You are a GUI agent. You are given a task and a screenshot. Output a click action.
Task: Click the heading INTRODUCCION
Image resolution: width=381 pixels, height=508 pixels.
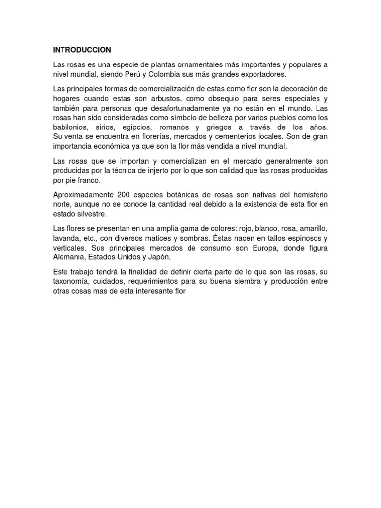pos(82,50)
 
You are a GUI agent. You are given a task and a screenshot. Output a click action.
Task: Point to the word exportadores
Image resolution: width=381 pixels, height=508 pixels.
pos(261,74)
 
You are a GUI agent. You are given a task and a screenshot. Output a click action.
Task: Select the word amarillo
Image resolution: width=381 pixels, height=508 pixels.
pos(311,228)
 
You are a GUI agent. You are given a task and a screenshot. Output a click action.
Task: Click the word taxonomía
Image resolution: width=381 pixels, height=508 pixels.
pos(72,281)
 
